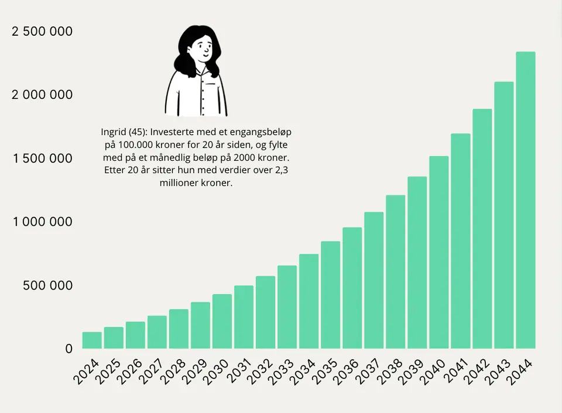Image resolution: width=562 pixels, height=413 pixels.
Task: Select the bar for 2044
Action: (x=526, y=200)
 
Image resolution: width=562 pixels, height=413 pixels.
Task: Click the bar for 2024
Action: (x=92, y=340)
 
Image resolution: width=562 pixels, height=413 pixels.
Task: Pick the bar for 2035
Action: (x=330, y=295)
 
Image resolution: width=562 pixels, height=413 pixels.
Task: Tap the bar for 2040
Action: (x=438, y=252)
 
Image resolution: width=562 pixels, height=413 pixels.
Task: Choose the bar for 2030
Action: (x=222, y=321)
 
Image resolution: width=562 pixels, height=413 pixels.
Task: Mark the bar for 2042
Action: (x=482, y=229)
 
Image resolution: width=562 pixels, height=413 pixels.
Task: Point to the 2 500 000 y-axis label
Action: (x=42, y=32)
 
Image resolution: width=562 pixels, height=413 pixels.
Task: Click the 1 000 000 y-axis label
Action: (x=43, y=222)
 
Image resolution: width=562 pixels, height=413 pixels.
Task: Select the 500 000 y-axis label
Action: (x=47, y=285)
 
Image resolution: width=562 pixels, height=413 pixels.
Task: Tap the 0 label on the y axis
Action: (x=69, y=349)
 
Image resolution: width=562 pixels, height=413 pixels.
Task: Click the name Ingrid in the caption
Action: (x=113, y=132)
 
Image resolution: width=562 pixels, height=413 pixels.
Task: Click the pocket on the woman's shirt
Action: (x=211, y=85)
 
